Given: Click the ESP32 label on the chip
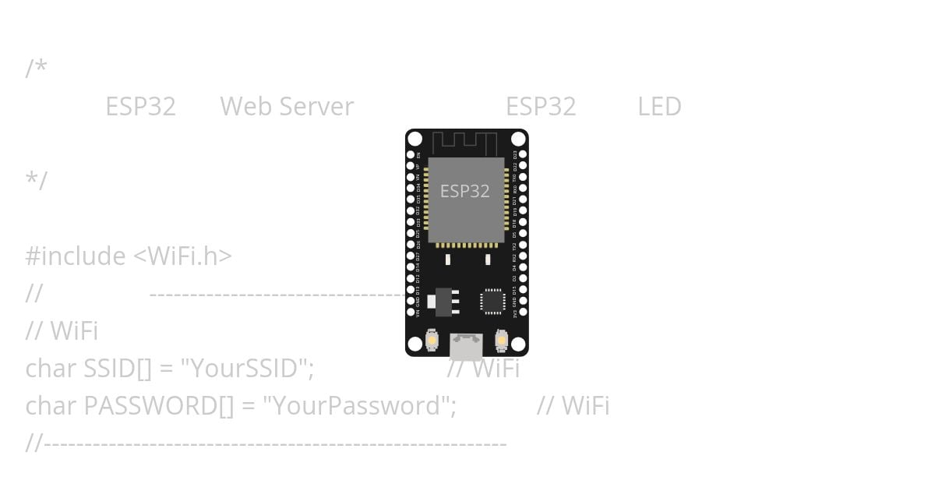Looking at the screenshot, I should pos(464,191).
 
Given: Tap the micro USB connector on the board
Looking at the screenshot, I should pos(466,345).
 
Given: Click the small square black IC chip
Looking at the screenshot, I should pos(492,301).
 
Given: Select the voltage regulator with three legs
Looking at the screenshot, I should pos(444,301).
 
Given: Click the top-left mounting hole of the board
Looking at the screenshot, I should pos(415,140).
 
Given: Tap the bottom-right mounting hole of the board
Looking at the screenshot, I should pos(518,345).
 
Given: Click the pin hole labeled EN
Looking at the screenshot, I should pos(411,154).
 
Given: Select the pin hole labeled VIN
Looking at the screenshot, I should pos(411,312).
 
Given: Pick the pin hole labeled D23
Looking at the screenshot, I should pos(523,154).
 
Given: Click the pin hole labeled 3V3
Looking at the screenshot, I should pos(523,312).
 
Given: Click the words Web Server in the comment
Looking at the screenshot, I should pos(287,107).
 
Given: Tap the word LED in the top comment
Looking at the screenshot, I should pos(659,107).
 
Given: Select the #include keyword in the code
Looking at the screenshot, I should pos(76,256).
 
